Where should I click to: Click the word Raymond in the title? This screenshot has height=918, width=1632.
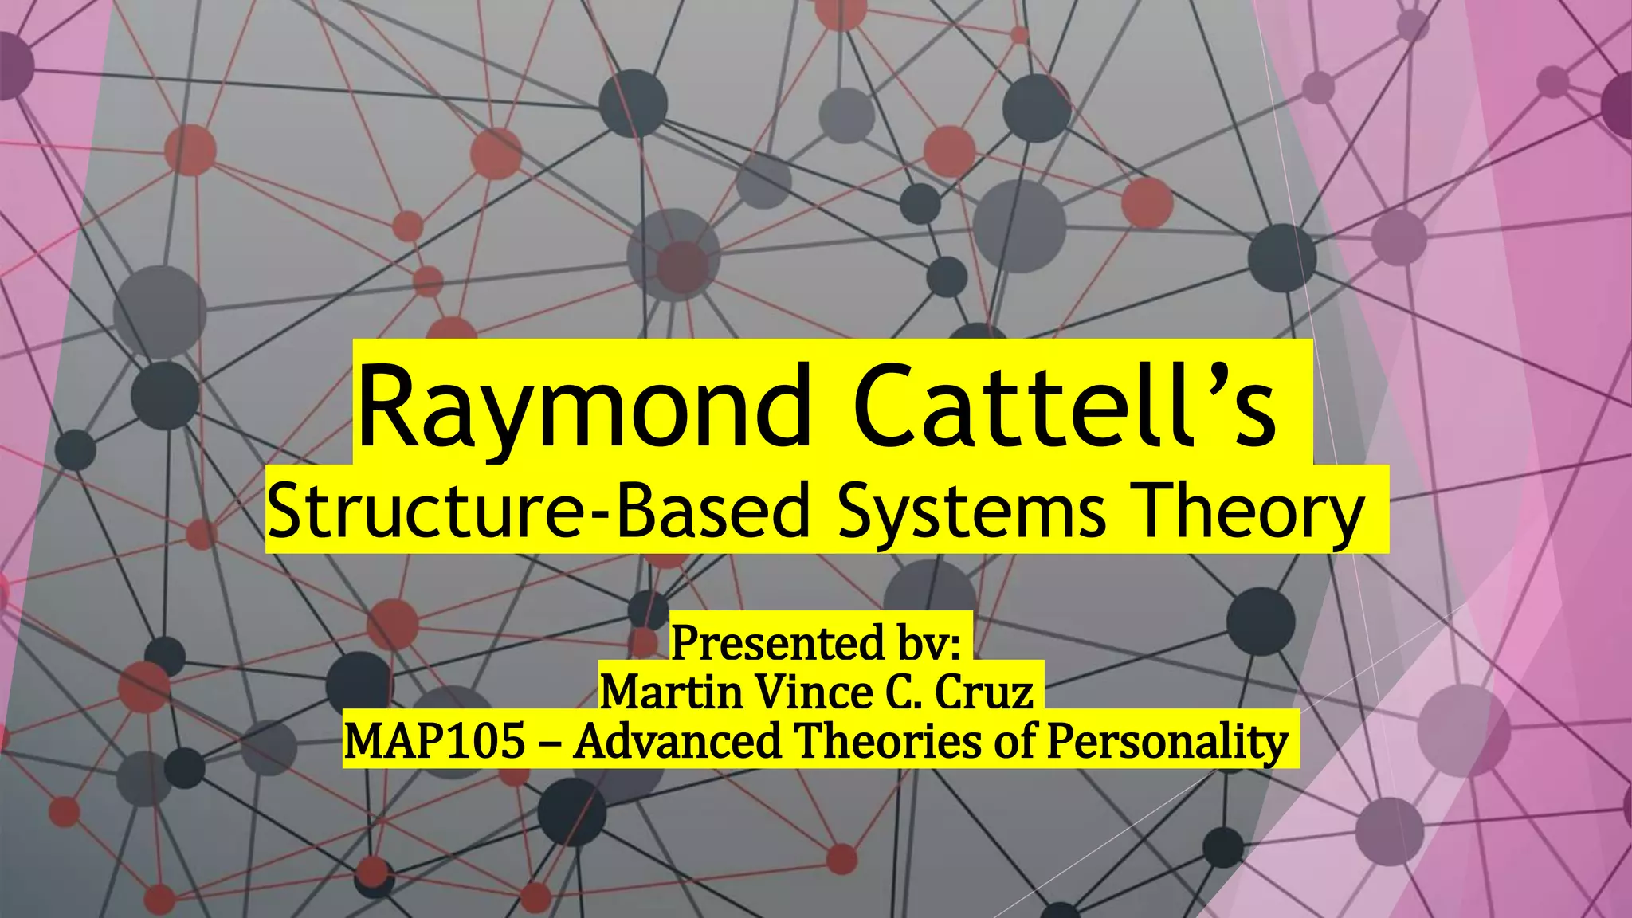[584, 408]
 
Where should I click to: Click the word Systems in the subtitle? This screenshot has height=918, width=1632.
[971, 511]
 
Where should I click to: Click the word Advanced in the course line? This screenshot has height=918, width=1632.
[677, 741]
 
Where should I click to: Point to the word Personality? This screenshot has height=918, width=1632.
[1167, 741]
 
